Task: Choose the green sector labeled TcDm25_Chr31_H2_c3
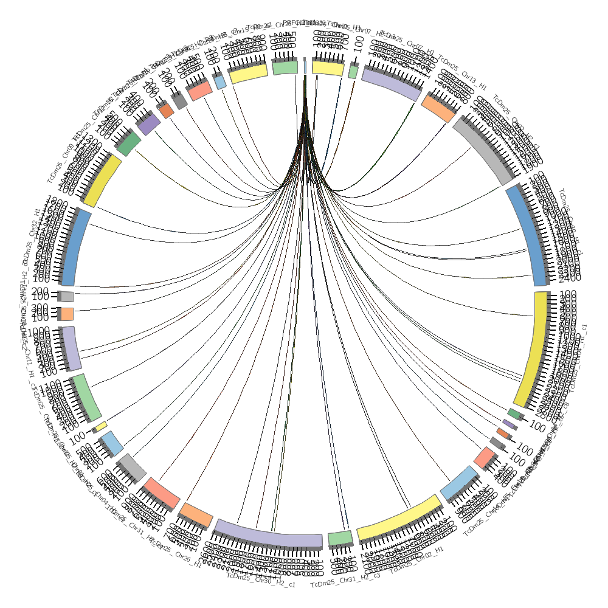click(340, 538)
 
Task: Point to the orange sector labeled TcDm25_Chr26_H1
click(196, 514)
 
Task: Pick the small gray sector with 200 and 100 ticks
click(67, 297)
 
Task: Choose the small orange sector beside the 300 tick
click(67, 314)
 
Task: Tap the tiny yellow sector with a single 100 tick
click(101, 426)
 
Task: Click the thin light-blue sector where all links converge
click(305, 65)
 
